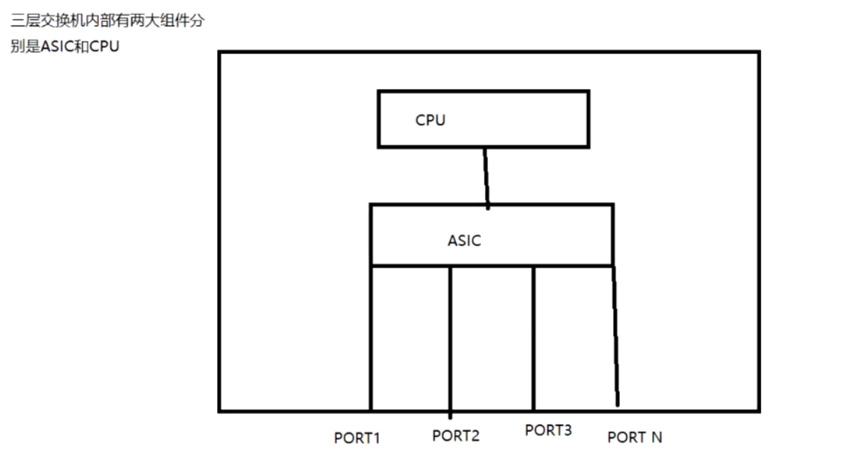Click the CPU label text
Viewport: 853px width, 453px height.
[x=430, y=120]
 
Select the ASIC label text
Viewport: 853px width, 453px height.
[x=464, y=241]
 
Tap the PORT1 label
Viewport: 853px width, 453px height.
[x=357, y=438]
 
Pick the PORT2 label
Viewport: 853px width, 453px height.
[x=455, y=436]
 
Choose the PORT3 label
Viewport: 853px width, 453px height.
[x=548, y=430]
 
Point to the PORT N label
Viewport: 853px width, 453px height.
[x=634, y=437]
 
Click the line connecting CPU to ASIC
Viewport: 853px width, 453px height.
[x=486, y=177]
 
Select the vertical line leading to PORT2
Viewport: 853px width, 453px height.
[x=450, y=340]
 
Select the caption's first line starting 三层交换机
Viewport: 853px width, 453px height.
[x=107, y=21]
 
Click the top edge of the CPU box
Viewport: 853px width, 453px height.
[x=483, y=91]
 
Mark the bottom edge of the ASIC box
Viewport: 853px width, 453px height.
[x=492, y=266]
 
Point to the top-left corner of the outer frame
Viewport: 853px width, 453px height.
[x=220, y=52]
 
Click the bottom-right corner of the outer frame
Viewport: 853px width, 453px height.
[x=758, y=410]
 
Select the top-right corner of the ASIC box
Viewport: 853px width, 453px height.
[x=612, y=205]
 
